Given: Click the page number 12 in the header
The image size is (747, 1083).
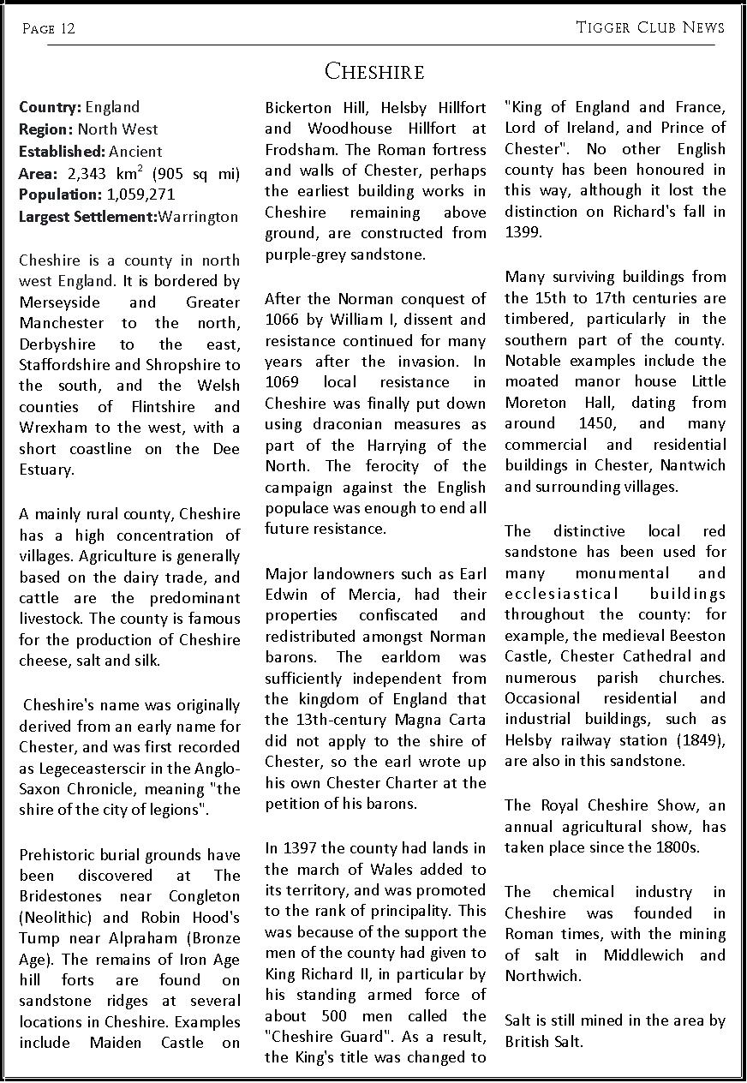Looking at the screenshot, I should pyautogui.click(x=67, y=29).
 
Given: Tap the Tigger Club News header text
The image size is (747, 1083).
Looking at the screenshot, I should pyautogui.click(x=650, y=27).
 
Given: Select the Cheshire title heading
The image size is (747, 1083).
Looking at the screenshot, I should pyautogui.click(x=374, y=71).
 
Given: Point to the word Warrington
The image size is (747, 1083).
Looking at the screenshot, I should pyautogui.click(x=199, y=217).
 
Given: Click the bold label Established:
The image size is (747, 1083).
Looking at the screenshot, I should pyautogui.click(x=62, y=151).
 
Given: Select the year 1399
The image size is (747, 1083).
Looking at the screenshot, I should pyautogui.click(x=523, y=232).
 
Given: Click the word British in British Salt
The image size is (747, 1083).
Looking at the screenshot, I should pyautogui.click(x=528, y=1042).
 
